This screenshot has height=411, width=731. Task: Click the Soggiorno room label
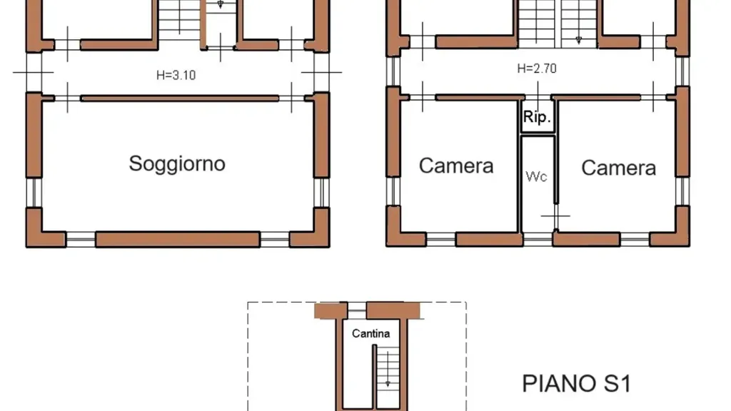(x=177, y=164)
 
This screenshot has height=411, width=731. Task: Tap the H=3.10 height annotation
(x=176, y=75)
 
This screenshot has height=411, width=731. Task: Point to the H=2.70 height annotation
(x=537, y=68)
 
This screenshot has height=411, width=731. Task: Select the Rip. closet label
(x=537, y=116)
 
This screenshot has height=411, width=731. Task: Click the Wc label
(x=536, y=176)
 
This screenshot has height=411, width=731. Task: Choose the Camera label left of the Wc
(x=456, y=166)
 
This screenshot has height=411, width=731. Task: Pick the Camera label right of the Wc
(x=619, y=168)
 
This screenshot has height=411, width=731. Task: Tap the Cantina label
(x=370, y=334)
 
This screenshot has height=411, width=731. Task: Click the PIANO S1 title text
(x=577, y=384)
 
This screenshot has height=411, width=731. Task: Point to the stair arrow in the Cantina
(x=388, y=369)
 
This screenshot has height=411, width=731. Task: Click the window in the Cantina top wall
(x=357, y=310)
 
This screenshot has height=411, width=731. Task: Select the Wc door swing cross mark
(x=555, y=216)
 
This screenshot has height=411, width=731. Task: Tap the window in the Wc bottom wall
(x=538, y=240)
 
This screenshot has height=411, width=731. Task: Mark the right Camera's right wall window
(x=682, y=191)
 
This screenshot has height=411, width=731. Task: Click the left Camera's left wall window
(x=393, y=191)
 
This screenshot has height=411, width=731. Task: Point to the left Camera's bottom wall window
(x=440, y=240)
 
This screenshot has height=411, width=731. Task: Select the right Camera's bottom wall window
(x=635, y=240)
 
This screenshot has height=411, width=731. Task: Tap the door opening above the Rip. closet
(x=538, y=97)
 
